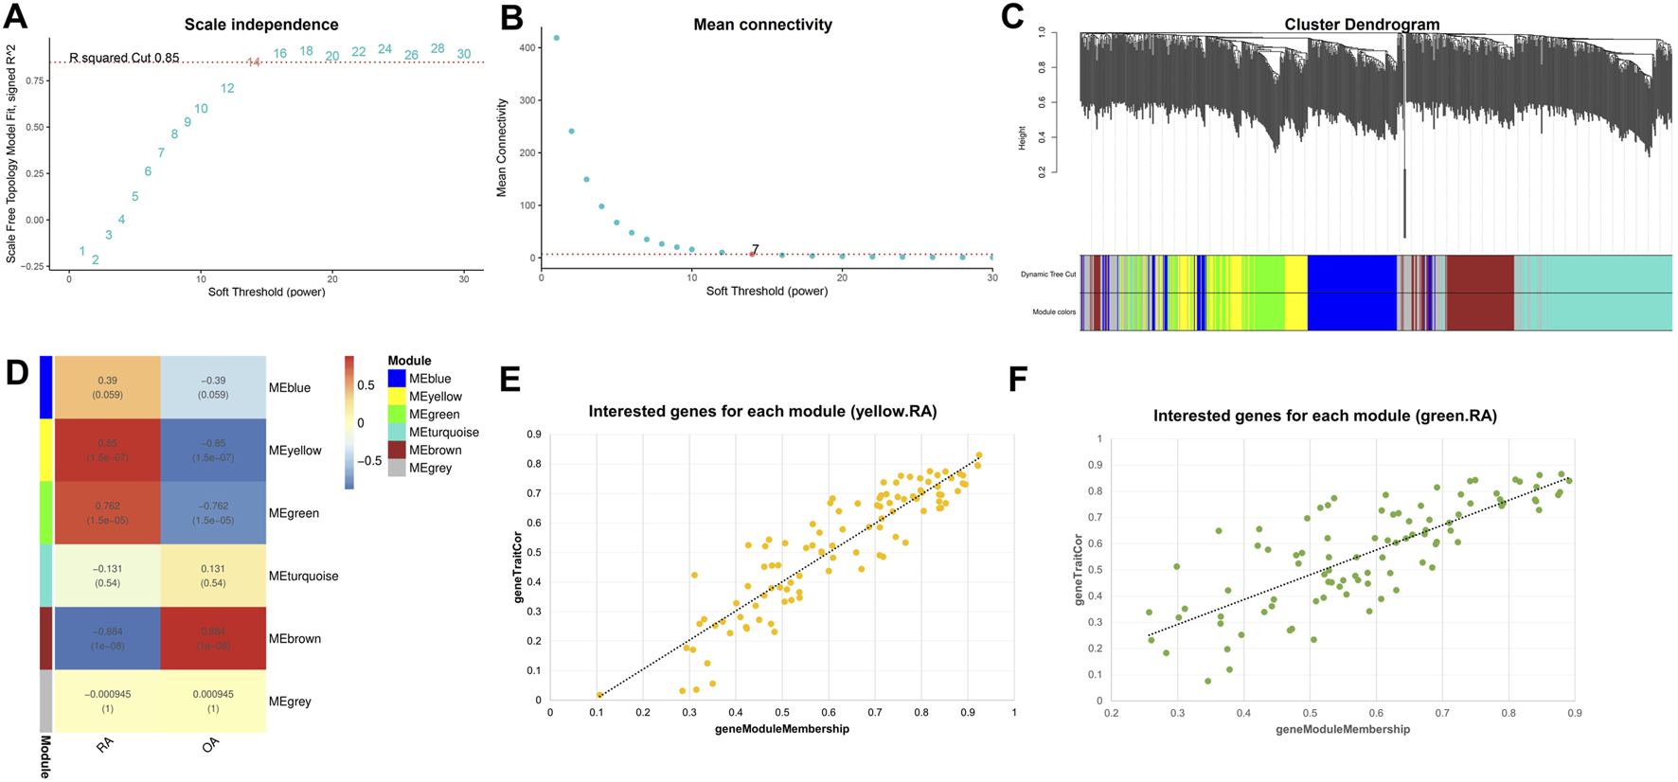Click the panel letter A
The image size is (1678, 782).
coord(15,17)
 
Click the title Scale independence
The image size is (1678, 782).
coord(260,25)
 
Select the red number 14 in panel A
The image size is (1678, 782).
coord(254,62)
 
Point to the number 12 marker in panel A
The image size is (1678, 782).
coord(227,88)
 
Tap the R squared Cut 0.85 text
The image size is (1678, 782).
coord(124,58)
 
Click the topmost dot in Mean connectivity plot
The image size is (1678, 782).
coord(557,38)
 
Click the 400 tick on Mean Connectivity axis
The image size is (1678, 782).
coord(526,47)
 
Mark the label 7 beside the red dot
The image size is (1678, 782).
coord(755,250)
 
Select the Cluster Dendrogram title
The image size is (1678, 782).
coord(1362,25)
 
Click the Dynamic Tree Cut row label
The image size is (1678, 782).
coord(1048,275)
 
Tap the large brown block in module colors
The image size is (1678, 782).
coord(1480,292)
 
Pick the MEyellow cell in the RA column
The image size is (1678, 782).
coord(107,450)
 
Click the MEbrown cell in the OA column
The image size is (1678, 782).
coord(213,638)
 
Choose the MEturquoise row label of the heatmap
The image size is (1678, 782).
coord(303,576)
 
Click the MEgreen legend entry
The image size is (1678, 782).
coord(434,415)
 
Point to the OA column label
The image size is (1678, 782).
coord(211,745)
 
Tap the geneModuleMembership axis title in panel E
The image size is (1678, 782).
coord(781,729)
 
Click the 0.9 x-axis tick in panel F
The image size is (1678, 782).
coord(1574,713)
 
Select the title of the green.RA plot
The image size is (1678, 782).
coord(1325,416)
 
